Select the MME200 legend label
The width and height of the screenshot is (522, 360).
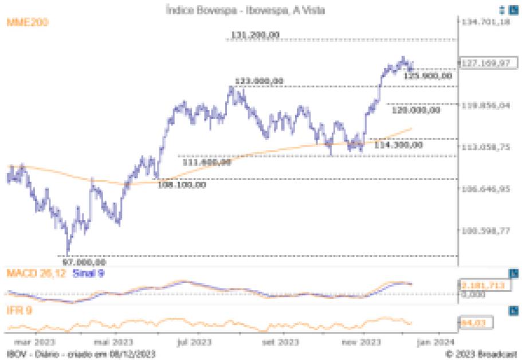27,22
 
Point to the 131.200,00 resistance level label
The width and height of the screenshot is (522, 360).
256,36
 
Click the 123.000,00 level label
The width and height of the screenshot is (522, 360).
259,81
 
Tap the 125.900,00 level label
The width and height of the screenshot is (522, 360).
429,75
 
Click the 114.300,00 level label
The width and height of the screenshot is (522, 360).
398,145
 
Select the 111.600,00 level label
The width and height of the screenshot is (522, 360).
207,162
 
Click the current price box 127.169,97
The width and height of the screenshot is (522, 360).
485,63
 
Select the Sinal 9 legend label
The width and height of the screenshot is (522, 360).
88,273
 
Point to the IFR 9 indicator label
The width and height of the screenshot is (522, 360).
19,311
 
